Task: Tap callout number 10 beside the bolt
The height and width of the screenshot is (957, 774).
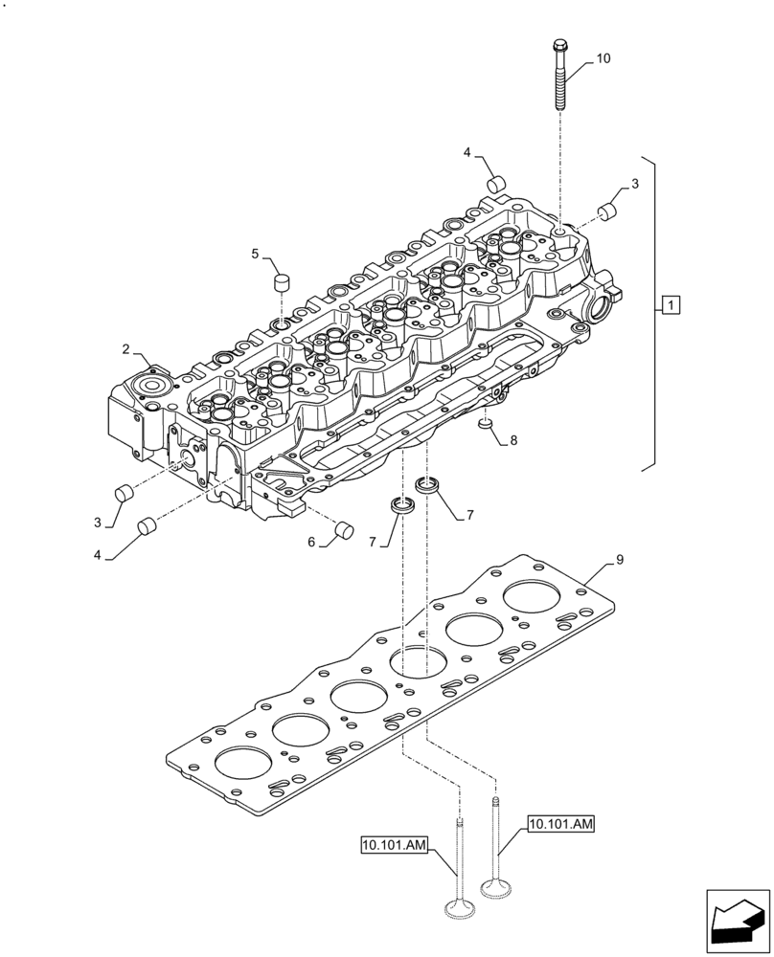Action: [x=603, y=58]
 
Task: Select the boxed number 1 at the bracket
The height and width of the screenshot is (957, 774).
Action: [x=672, y=305]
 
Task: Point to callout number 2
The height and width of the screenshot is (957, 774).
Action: [x=125, y=349]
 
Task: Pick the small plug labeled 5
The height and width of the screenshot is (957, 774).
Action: [x=281, y=282]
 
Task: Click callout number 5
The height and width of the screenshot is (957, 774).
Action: [x=255, y=254]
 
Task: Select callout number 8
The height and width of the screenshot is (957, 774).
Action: [x=513, y=441]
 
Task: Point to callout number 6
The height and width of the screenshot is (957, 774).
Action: [x=311, y=542]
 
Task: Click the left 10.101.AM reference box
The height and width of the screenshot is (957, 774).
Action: [x=395, y=844]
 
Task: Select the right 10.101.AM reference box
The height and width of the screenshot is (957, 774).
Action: [x=561, y=824]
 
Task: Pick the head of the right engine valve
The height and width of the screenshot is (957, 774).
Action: [x=496, y=890]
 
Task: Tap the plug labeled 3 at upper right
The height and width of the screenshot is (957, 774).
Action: [x=607, y=210]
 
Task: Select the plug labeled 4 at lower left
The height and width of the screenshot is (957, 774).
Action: [x=148, y=525]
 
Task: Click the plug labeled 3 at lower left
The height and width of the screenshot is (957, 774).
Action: [x=123, y=494]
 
